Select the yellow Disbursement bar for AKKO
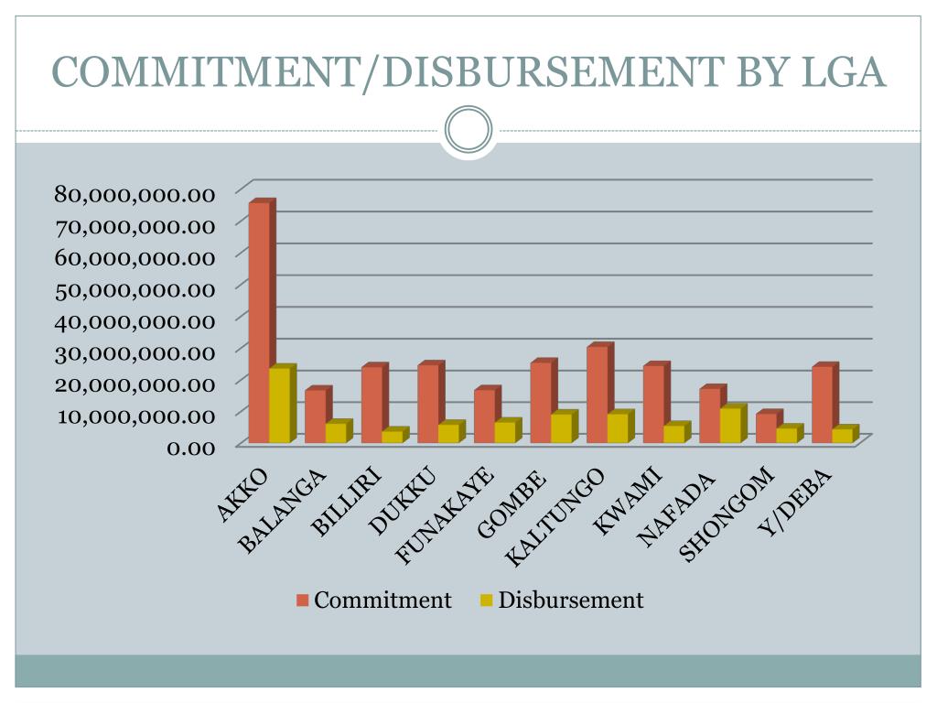pos(279,406)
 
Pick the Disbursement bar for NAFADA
pos(730,426)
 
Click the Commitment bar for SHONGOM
pos(766,427)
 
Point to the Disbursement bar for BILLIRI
pos(392,437)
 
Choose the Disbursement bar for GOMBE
pos(561,428)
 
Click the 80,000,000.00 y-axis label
pos(135,193)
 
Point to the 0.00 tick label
pos(188,446)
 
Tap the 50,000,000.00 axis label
pos(135,288)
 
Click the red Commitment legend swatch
pos(303,600)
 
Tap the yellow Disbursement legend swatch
pos(486,600)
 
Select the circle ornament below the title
pos(468,129)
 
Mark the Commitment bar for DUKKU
pos(427,403)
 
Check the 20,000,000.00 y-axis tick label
pos(135,383)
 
